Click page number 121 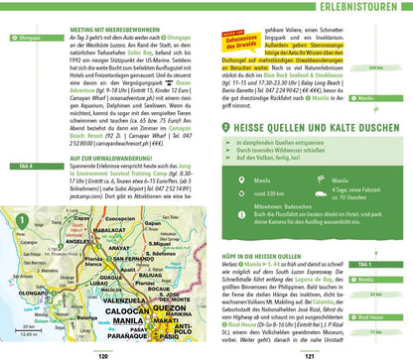tap(312, 355)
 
